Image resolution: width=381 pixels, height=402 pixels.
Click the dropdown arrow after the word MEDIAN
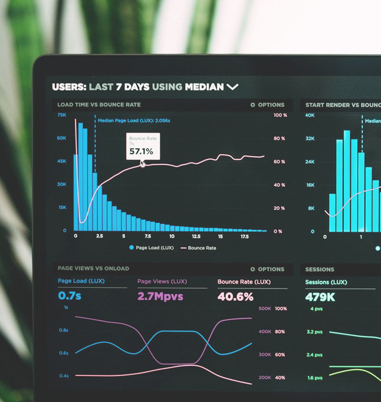232,87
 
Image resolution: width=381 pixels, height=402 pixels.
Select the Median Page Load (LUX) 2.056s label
134,121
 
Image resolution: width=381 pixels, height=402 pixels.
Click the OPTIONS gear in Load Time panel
253,105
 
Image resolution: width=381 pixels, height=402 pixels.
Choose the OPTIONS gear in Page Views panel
253,269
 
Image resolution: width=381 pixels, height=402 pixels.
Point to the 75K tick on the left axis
61,115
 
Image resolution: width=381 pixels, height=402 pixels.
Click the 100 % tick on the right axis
280,115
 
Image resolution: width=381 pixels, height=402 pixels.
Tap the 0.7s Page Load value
70,296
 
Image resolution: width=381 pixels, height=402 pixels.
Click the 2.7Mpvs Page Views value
160,296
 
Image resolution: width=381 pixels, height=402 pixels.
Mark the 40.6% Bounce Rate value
235,296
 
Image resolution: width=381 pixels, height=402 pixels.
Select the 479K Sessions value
320,297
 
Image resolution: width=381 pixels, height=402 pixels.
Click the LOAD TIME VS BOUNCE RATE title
98,105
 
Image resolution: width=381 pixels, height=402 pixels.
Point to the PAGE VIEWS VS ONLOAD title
93,269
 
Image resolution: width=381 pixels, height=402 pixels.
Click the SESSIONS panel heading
320,269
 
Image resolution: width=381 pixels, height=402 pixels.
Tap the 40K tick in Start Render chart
310,115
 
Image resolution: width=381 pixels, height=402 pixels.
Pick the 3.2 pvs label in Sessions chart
314,332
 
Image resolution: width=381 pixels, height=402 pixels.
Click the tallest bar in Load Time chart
81,176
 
